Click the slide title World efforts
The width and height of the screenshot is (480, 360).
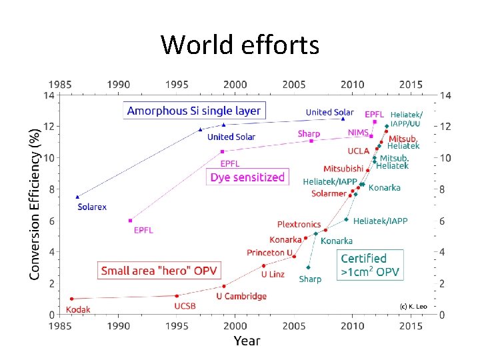click(240, 45)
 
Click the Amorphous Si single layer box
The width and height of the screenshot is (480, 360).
click(193, 111)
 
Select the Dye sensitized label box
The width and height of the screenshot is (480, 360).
click(247, 177)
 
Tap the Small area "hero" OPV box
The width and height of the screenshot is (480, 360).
click(159, 271)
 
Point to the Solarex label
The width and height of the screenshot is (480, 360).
click(92, 207)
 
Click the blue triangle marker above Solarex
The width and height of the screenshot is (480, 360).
click(78, 197)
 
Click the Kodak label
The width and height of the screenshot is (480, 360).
click(78, 309)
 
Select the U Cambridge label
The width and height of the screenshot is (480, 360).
click(241, 296)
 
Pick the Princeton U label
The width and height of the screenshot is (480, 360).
click(269, 253)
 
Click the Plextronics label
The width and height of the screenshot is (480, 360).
click(299, 225)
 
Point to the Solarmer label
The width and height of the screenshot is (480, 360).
click(328, 194)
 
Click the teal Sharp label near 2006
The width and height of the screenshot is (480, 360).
click(310, 279)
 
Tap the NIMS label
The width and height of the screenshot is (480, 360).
click(359, 133)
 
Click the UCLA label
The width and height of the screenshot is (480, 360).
click(358, 151)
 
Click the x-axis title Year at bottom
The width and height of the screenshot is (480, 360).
click(247, 341)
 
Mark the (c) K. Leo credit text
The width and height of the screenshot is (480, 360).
click(413, 306)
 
